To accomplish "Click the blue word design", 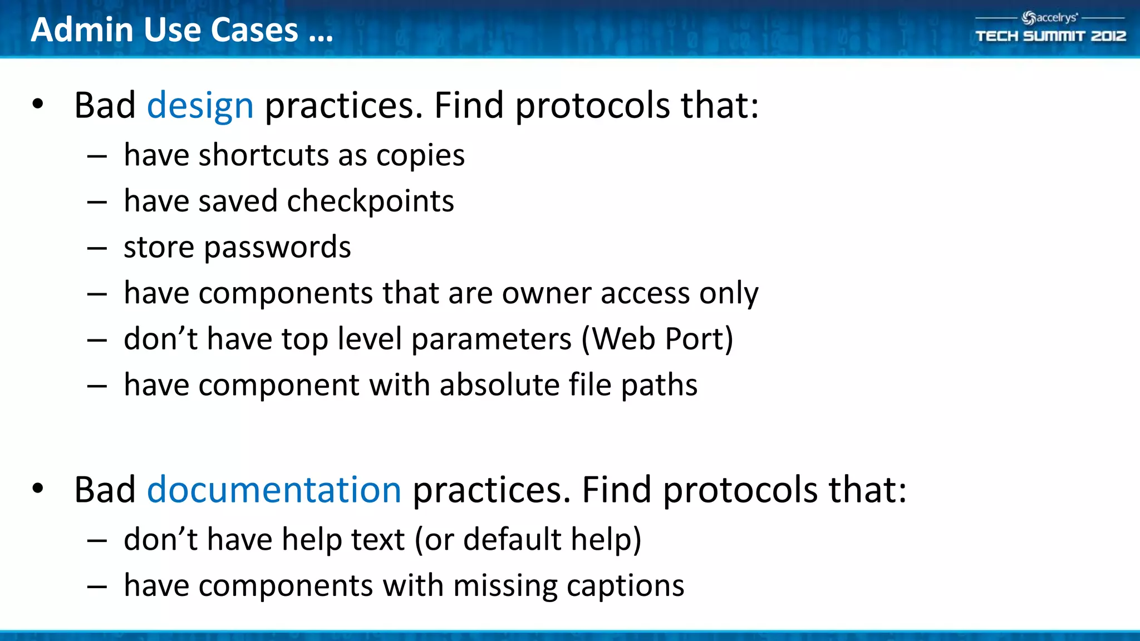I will click(200, 106).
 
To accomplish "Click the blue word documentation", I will click(273, 490).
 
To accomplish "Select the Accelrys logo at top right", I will click(1049, 18).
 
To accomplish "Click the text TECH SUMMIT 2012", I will click(1050, 36).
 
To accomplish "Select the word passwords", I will click(277, 248).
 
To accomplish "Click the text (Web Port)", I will click(657, 339).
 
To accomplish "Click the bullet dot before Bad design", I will click(37, 104).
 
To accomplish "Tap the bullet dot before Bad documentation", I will click(37, 489).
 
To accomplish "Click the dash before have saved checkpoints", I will click(97, 202).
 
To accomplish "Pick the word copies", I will click(420, 155).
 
